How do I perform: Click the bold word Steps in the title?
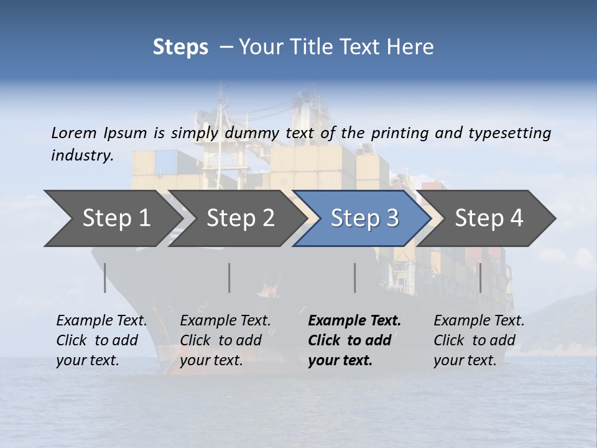coord(180,47)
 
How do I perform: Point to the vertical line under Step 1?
coord(104,278)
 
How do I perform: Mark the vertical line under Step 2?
coord(229,278)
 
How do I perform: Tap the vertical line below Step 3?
coord(354,278)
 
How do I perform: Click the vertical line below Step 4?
coord(481,278)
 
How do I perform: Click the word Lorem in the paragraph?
coord(74,133)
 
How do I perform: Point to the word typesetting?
coord(514,133)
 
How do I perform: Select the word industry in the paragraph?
coord(81,156)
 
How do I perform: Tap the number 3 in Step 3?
coord(392,218)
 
